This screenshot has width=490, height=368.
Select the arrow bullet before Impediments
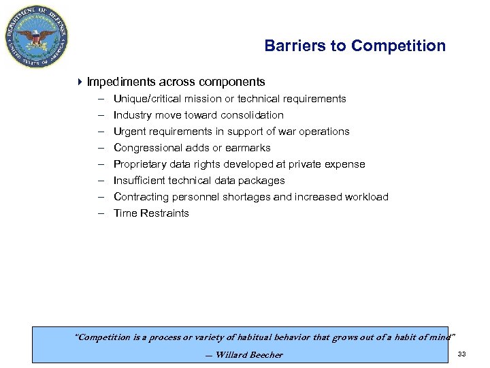coord(80,82)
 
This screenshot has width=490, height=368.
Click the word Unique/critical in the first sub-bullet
coord(144,99)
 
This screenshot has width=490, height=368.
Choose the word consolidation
coord(253,115)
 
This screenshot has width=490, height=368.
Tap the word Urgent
coord(129,132)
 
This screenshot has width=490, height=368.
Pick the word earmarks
coord(248,148)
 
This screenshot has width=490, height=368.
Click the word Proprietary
coord(140,164)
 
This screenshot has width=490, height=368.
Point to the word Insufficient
coord(140,181)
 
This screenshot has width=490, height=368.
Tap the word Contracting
coord(141,197)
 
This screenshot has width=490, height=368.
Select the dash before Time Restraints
coord(99,213)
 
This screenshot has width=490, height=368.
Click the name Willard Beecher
coord(248,354)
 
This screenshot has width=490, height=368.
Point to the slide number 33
coord(462,354)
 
